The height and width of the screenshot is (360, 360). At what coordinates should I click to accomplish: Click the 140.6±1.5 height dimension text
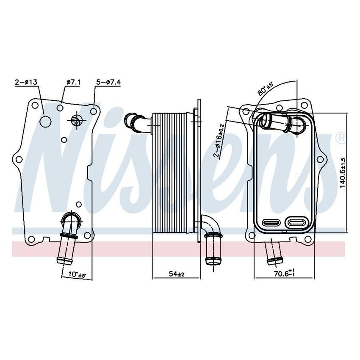(343, 173)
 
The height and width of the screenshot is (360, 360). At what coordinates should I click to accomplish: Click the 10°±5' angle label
(77, 275)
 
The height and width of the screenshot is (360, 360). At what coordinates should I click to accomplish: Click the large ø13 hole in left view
(45, 121)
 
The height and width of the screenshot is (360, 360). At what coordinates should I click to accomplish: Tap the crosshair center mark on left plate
(76, 121)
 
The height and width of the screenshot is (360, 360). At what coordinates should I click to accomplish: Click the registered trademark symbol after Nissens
(340, 138)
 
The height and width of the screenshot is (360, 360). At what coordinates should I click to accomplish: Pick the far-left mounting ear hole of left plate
(18, 160)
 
